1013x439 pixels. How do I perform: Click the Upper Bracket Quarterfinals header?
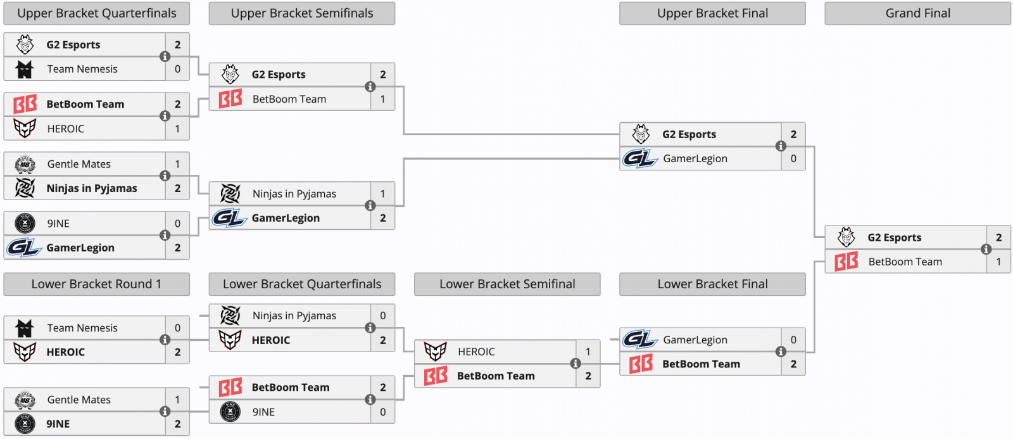tap(96, 13)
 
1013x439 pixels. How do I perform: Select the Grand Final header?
tap(917, 13)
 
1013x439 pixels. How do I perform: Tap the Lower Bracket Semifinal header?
tap(507, 284)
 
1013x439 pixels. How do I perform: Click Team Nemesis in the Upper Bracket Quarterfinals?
tap(82, 69)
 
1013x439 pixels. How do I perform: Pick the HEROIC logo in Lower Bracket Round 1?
tap(25, 352)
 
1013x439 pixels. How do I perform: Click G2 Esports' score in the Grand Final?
tap(998, 238)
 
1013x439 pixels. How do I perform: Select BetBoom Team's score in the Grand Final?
tap(998, 262)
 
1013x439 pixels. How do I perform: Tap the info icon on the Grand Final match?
tap(986, 250)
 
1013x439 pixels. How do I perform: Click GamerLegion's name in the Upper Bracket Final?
tap(695, 159)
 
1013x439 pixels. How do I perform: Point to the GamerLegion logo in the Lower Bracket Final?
tap(640, 340)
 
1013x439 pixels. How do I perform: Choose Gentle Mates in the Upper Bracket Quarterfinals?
tap(79, 164)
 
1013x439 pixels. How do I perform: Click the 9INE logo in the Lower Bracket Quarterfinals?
tap(230, 412)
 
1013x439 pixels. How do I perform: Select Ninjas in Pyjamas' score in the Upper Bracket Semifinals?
tap(382, 194)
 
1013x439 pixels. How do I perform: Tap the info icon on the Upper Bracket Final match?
tap(781, 146)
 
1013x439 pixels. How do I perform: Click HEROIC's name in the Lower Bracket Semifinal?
tap(476, 352)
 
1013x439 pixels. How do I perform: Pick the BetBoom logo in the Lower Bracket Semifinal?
tap(436, 376)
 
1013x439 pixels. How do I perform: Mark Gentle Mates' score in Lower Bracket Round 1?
tap(177, 400)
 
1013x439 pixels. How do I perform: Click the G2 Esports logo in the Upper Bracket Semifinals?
tap(230, 75)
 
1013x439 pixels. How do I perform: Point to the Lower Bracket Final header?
tap(712, 284)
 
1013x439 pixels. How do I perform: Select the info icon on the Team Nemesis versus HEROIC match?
tap(165, 340)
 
